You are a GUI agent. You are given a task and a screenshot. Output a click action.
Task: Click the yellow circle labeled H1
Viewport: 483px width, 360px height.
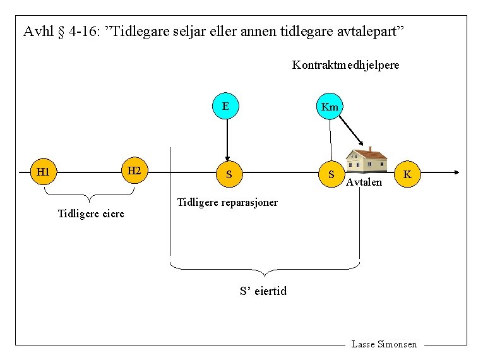click(x=44, y=172)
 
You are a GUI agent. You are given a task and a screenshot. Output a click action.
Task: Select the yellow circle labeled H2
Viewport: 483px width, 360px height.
click(x=134, y=171)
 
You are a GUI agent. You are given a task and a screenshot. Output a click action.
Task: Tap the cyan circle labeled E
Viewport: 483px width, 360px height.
click(x=226, y=106)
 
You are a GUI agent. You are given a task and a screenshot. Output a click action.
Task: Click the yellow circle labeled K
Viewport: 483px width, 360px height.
click(x=407, y=174)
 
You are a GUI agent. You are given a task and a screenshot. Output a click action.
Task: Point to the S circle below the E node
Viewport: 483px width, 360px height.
click(x=229, y=174)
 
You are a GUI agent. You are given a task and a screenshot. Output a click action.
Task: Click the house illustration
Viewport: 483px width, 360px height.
click(x=366, y=160)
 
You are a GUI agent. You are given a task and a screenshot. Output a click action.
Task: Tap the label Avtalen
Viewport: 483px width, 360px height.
click(x=364, y=183)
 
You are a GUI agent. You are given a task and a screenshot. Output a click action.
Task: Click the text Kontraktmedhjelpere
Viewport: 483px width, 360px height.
click(x=346, y=65)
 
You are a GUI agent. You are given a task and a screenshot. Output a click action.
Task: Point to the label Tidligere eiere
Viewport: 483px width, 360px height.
click(x=91, y=213)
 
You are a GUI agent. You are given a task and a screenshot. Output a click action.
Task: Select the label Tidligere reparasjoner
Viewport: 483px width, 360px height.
click(x=227, y=203)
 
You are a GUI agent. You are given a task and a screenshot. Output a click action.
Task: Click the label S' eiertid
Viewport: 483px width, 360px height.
click(x=263, y=291)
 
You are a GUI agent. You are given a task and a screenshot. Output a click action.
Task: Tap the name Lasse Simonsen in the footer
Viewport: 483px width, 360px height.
click(x=384, y=344)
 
